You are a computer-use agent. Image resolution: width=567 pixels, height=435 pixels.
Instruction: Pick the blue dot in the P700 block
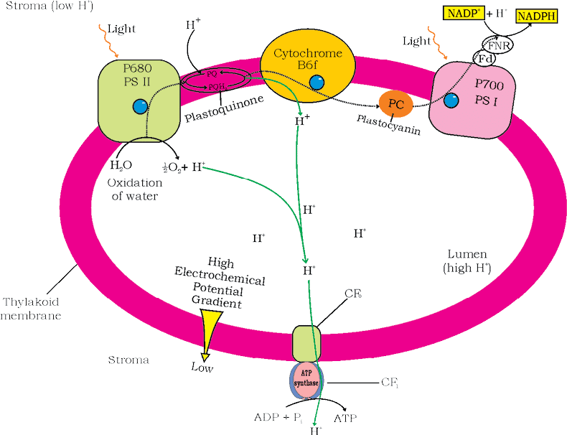[x=451, y=101]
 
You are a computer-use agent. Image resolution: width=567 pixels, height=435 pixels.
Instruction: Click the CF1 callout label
[x=389, y=382]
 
